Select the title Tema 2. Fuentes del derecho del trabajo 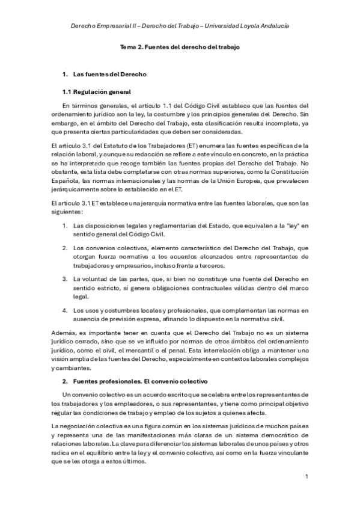180,46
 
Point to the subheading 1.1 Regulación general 97,91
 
